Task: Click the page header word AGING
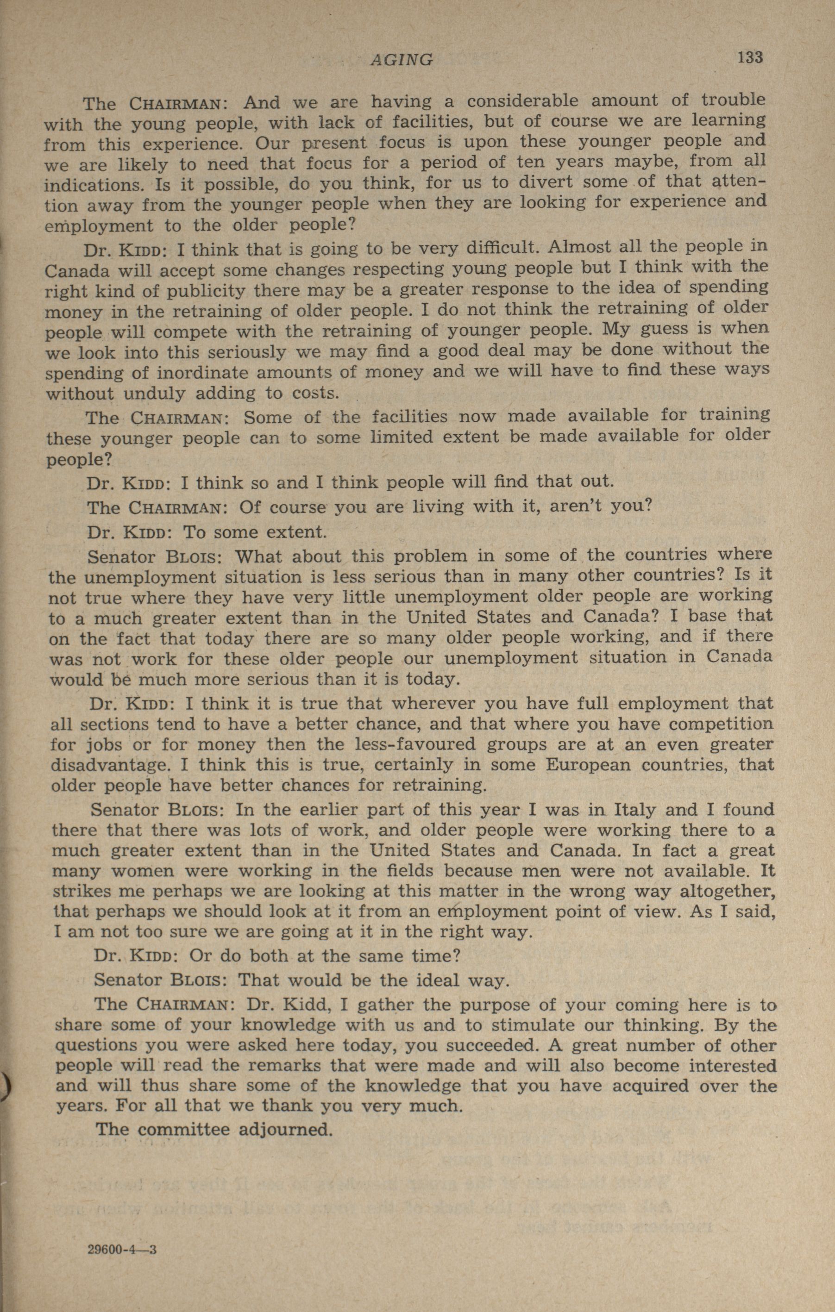pyautogui.click(x=402, y=59)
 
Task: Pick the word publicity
pyautogui.click(x=183, y=292)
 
